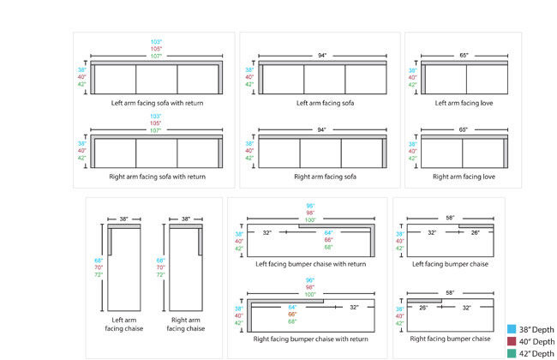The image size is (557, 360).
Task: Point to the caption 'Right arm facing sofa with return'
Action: pos(157,177)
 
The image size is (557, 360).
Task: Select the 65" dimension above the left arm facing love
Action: pos(464,56)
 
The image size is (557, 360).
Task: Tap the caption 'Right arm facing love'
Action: pos(464,177)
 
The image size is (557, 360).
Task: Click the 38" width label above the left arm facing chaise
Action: pos(124,219)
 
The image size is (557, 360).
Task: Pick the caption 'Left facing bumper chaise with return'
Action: pos(311,264)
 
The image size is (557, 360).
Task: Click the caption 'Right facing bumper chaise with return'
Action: pos(311,339)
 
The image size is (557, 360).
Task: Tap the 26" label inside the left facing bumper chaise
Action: pos(476,232)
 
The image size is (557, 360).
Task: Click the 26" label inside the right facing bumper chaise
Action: pos(423,307)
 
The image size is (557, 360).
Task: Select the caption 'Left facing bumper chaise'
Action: pos(450,264)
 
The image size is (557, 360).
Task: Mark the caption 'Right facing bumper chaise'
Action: pos(450,339)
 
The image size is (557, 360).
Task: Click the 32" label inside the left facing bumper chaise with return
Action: pos(268,232)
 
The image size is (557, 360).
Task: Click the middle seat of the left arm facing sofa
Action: pos(324,80)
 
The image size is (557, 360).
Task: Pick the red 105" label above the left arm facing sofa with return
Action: pos(156,49)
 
